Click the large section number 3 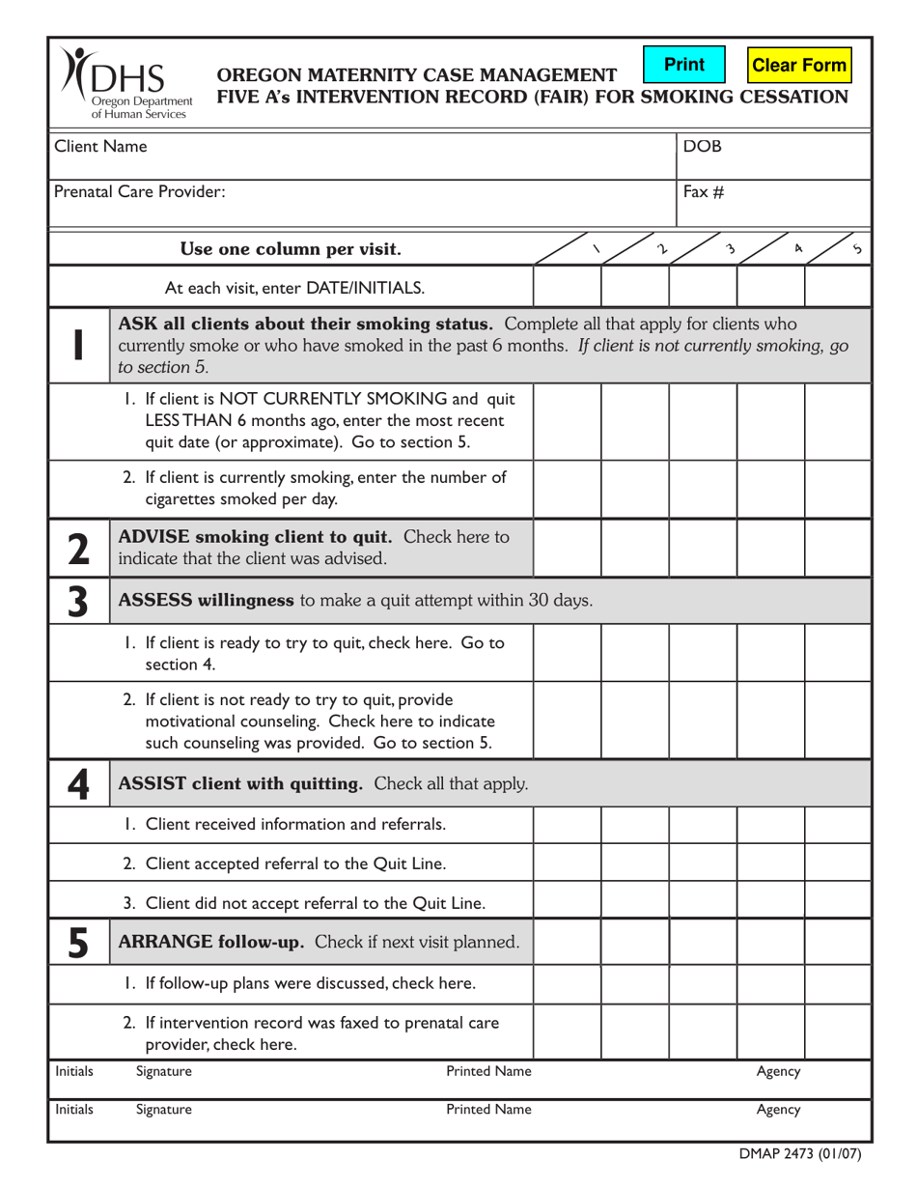(x=77, y=601)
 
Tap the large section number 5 (x=77, y=941)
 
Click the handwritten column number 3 (x=731, y=249)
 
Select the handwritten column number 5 (x=858, y=250)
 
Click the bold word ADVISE (x=159, y=536)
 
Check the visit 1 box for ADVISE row (x=567, y=547)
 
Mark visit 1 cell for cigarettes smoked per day (x=567, y=488)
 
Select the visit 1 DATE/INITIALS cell (x=567, y=287)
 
